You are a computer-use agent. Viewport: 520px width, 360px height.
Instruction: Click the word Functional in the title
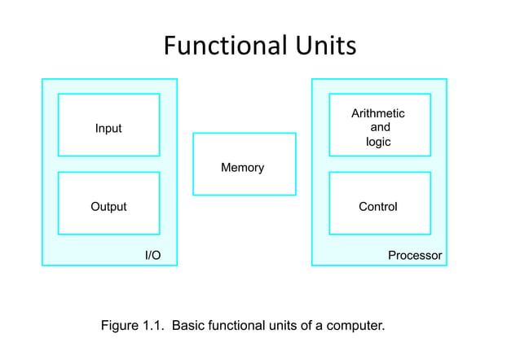[222, 45]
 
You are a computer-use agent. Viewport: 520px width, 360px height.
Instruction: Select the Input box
[108, 125]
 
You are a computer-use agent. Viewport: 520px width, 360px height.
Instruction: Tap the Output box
[108, 203]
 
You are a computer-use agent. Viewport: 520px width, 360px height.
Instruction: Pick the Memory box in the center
[244, 164]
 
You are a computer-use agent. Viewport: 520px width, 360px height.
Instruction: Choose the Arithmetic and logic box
[379, 125]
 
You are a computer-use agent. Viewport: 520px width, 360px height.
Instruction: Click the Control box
[379, 203]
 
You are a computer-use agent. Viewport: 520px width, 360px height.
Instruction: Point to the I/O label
[152, 256]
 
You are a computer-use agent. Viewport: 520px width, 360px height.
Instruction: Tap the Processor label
[415, 256]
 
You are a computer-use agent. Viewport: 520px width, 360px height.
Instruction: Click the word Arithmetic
[377, 113]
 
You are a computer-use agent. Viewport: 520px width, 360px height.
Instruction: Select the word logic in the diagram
[378, 142]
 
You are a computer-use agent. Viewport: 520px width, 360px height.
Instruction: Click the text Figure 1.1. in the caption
[133, 327]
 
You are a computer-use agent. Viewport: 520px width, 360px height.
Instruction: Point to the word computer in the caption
[355, 327]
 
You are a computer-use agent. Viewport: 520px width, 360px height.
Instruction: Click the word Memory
[242, 168]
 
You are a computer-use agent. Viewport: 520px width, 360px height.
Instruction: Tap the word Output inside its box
[108, 207]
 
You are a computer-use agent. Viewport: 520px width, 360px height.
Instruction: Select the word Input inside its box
[108, 129]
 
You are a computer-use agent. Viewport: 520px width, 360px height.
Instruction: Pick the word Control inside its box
[378, 207]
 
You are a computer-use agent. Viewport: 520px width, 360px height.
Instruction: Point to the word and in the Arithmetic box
[380, 127]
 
